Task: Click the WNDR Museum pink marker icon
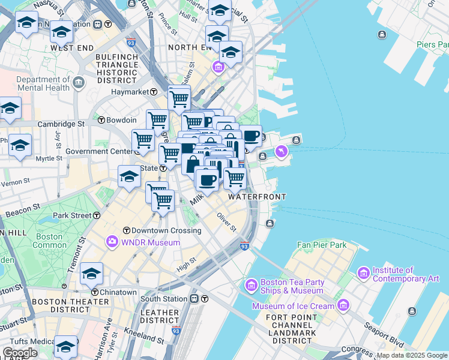point(112,242)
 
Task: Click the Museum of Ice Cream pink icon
point(343,307)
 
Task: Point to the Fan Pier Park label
point(322,245)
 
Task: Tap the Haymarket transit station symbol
point(154,92)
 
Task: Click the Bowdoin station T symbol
point(101,120)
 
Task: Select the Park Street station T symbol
point(96,215)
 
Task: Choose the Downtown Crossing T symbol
point(126,230)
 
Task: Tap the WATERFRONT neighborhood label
point(257,197)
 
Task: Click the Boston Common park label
point(49,241)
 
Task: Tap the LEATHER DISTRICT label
point(160,317)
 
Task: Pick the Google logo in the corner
point(20,353)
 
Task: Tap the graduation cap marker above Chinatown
point(91,274)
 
